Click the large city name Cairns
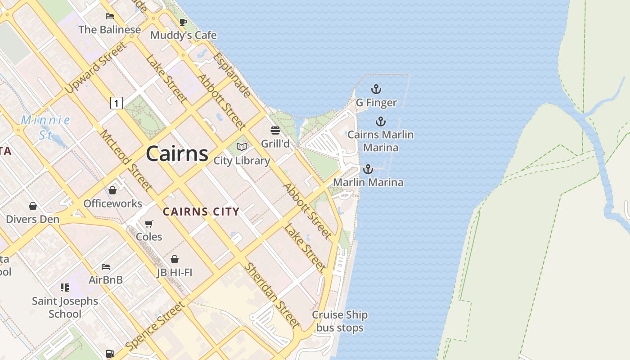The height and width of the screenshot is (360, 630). click(177, 154)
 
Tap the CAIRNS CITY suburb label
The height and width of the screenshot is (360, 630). click(201, 211)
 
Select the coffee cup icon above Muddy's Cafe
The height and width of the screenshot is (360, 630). click(183, 22)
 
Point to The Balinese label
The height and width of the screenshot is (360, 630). click(109, 30)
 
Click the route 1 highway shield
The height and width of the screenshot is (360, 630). click(116, 103)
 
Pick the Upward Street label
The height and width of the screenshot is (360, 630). click(95, 68)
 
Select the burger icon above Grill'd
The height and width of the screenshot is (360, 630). click(275, 130)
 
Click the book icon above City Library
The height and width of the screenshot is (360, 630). click(242, 147)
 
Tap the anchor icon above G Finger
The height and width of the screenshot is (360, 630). click(376, 89)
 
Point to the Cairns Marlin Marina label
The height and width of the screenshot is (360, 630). click(381, 141)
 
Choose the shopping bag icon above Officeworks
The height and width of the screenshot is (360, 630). click(112, 190)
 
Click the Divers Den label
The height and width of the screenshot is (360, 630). click(32, 219)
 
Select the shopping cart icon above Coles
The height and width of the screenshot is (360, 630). click(149, 224)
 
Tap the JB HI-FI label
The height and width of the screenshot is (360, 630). click(175, 272)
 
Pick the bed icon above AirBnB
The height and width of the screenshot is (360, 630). click(106, 267)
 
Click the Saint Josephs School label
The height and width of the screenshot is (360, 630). click(65, 307)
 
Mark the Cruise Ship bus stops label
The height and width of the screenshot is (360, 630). click(340, 321)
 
